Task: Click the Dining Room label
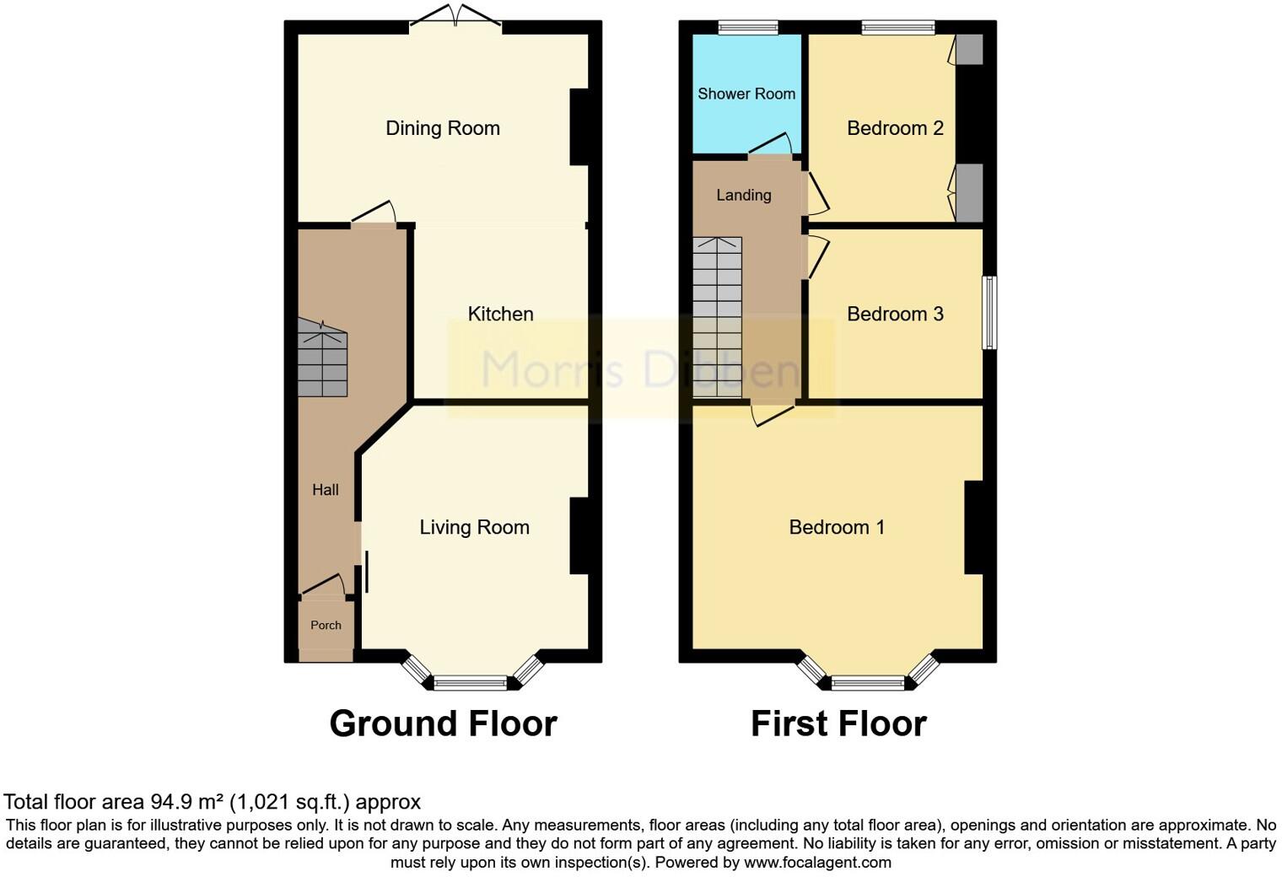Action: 442,128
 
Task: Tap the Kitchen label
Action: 500,314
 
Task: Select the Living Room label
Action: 474,527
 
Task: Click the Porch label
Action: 326,625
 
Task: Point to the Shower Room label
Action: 746,94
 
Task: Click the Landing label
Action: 743,195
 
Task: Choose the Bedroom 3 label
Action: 894,314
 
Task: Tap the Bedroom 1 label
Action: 836,527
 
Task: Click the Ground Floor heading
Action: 443,724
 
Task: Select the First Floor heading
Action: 838,724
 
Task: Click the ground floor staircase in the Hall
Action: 322,361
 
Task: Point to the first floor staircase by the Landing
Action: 717,318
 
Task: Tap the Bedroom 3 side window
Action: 990,312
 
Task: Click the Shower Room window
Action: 748,28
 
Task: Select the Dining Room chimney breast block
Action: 579,126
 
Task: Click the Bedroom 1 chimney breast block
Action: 974,527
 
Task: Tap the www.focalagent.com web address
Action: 816,862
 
